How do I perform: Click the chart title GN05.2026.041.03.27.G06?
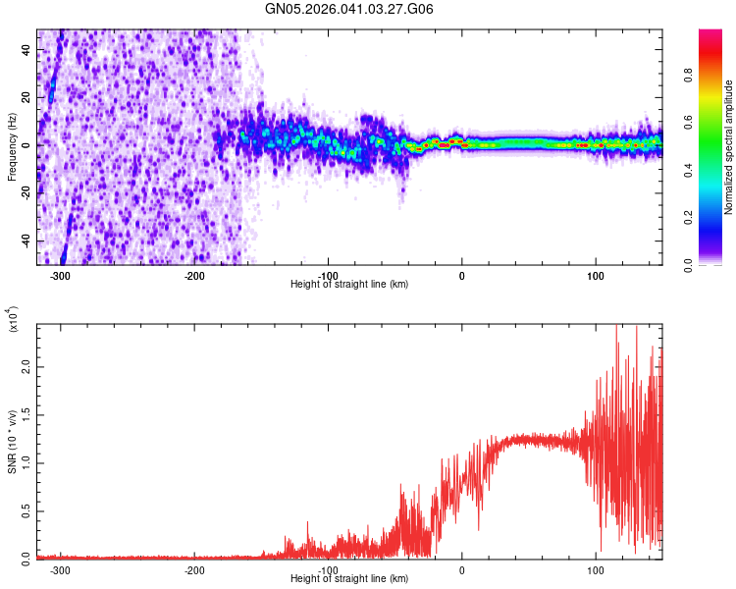tap(349, 9)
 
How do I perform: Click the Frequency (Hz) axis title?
tap(12, 146)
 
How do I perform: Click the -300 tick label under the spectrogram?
tap(60, 275)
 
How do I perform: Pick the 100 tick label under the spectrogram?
tap(595, 275)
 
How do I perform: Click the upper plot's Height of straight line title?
tap(349, 284)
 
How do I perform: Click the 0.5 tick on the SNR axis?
tap(26, 509)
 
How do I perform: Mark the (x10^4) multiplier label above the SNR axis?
tap(13, 319)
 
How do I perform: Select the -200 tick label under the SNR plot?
tap(193, 569)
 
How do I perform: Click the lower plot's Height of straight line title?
tap(349, 578)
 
